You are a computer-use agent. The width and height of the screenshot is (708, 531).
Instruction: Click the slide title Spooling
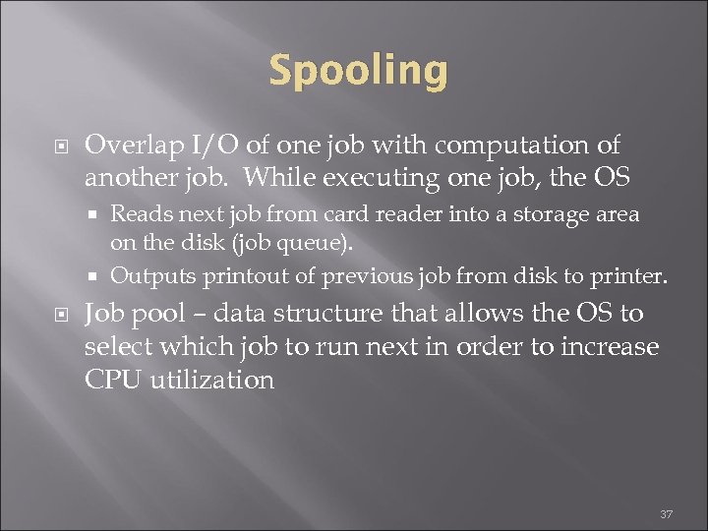click(x=357, y=71)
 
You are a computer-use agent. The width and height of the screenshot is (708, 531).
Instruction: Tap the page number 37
click(x=666, y=514)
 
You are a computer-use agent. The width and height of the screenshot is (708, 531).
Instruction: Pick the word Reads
click(x=139, y=213)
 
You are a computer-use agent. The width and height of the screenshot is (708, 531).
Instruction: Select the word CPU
click(x=112, y=380)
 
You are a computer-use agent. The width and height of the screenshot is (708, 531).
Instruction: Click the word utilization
click(x=211, y=380)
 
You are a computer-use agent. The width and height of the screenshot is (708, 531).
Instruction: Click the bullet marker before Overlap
click(x=59, y=147)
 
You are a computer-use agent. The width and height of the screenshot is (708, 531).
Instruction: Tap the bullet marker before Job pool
click(x=59, y=316)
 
